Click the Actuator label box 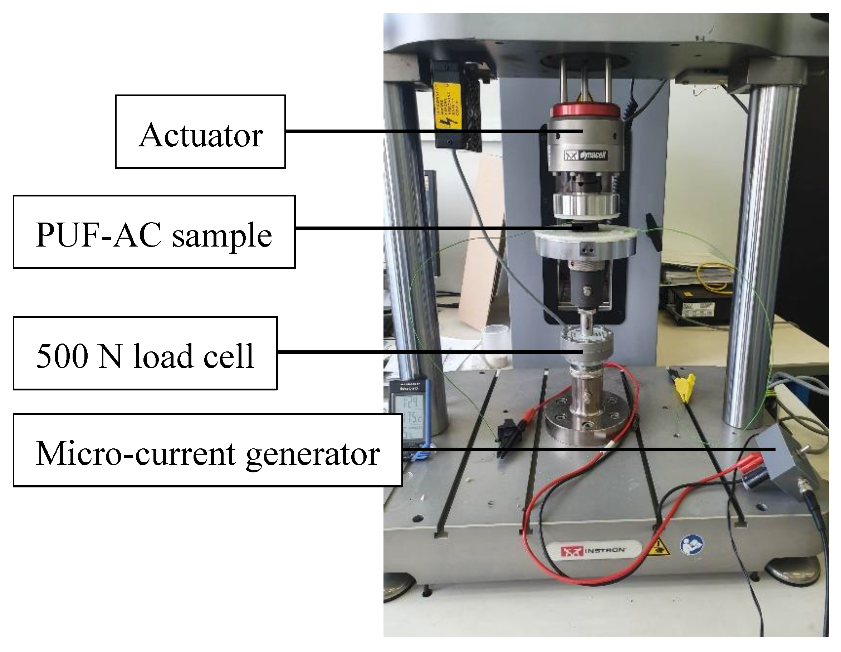[200, 132]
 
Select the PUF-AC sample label [154, 232]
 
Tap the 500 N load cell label [145, 353]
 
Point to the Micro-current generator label [207, 450]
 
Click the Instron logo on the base [593, 551]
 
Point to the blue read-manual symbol [692, 545]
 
